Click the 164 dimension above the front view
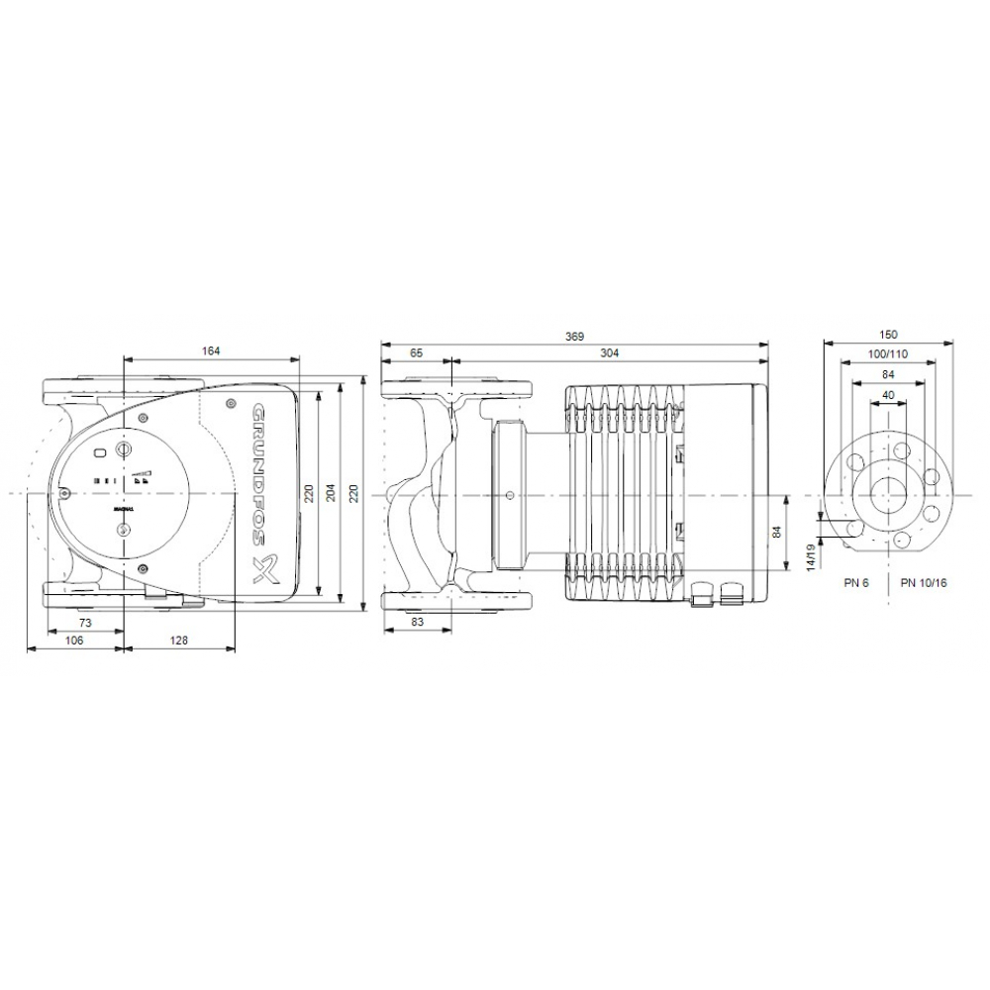pos(209,350)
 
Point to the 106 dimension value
pos(74,641)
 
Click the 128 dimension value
pos(178,641)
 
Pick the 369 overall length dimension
pos(575,337)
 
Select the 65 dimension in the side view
pos(416,352)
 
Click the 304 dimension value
pos(609,352)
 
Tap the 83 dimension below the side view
pos(417,622)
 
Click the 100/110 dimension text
pos(887,354)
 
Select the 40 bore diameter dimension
pos(887,395)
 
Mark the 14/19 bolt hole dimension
pos(812,557)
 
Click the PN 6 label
pos(856,583)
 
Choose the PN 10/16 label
pos(925,583)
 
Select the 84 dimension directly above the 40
pos(887,374)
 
